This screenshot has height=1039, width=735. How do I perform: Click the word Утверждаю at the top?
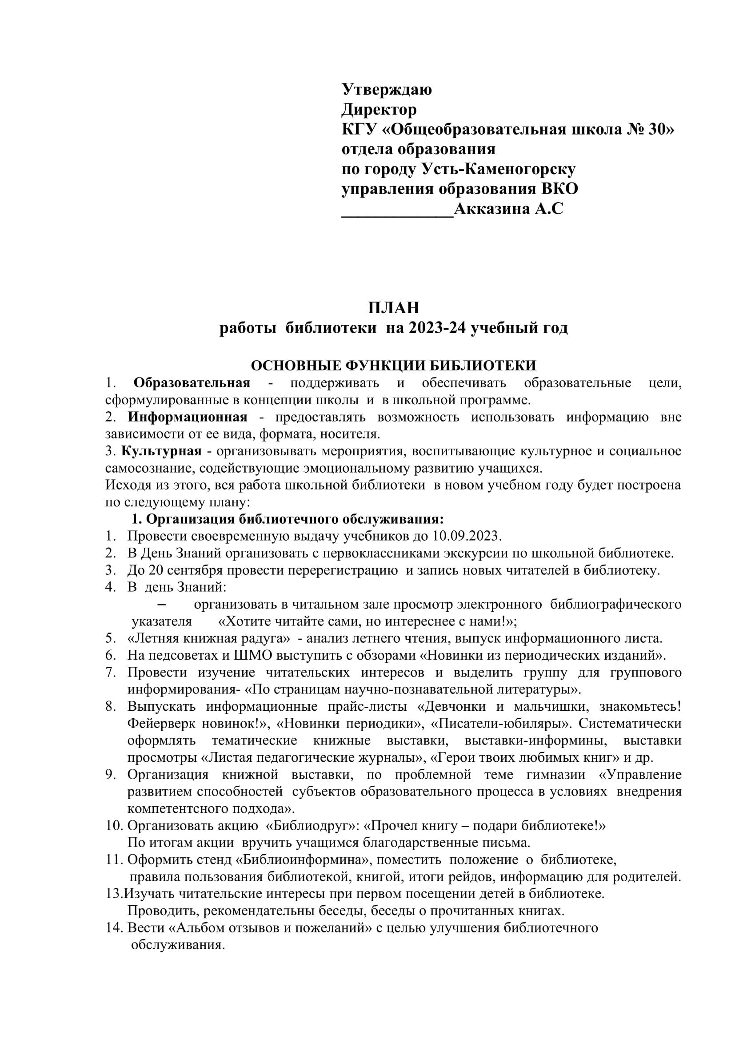coord(386,90)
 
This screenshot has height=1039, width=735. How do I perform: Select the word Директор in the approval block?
coord(378,110)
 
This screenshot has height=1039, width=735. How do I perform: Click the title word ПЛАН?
coord(393,308)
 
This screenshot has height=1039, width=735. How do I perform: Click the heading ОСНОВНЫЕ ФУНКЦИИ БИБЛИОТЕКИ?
coord(393,365)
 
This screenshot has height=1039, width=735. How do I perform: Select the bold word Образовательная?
coord(192,382)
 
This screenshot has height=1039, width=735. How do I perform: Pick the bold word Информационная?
coord(188,416)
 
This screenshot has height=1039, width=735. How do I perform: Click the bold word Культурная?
coord(161,451)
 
